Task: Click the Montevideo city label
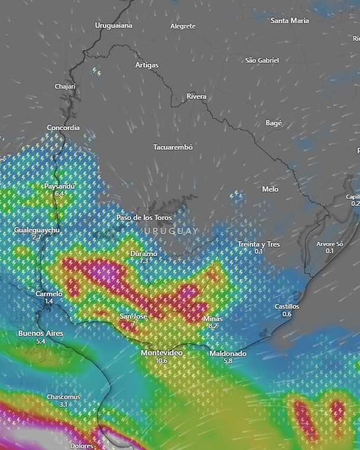coord(161,352)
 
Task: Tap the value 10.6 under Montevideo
coord(161,360)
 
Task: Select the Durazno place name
coord(144,253)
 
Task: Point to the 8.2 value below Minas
coord(213,326)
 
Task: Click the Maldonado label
coord(228,353)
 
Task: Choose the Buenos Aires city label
coord(41,334)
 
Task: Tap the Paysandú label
coord(60,186)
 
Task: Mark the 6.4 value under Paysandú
coord(59,193)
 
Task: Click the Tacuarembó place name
coord(173,147)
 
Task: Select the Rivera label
coord(196,96)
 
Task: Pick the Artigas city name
coord(147,65)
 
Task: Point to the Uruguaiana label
coord(113,25)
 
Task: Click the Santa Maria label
coord(290,20)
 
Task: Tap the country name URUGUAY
coord(171,230)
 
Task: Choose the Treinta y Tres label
coord(258,244)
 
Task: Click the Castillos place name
coord(287,306)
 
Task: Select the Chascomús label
coord(63,397)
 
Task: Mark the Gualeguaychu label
coord(37,229)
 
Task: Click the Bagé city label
coord(274,123)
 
